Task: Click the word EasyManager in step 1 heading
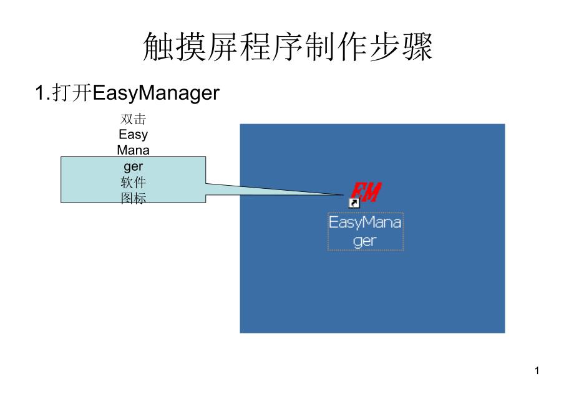click(157, 93)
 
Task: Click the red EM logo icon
click(366, 191)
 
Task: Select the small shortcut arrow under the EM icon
click(354, 203)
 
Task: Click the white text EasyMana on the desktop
click(365, 222)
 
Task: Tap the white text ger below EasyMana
click(365, 241)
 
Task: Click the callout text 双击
click(133, 119)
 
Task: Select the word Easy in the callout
click(133, 135)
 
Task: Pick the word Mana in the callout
click(133, 151)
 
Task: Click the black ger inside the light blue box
click(133, 166)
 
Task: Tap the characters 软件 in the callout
click(133, 183)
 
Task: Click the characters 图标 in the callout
click(133, 199)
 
